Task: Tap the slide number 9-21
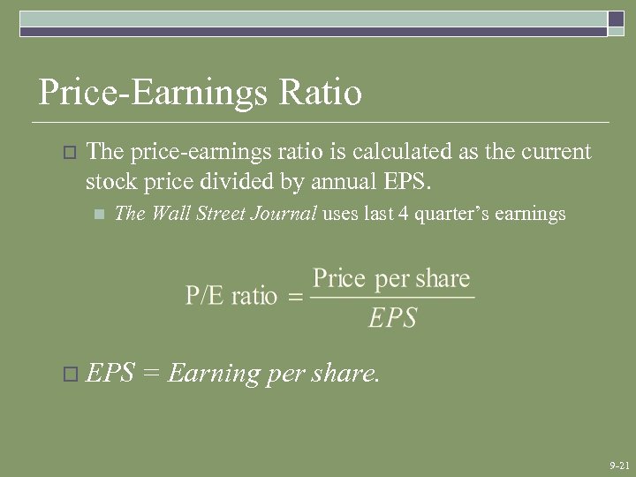coord(619,465)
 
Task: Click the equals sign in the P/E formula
coord(296,297)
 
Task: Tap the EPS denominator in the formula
coord(392,317)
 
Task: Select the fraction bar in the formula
coord(392,298)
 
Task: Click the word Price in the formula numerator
coord(339,279)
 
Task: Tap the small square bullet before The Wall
coord(98,215)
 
